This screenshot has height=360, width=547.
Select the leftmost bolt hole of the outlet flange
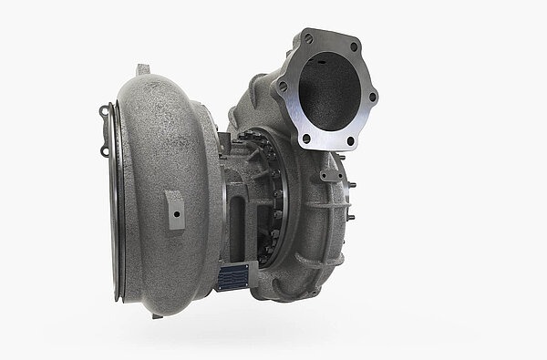click(x=283, y=87)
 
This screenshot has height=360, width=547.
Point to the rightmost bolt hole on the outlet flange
click(x=373, y=96)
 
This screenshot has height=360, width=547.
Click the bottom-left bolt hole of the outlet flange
click(x=305, y=139)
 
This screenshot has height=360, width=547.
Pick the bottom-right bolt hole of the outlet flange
click(x=351, y=142)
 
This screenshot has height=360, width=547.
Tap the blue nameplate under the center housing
click(x=232, y=277)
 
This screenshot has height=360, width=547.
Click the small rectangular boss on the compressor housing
click(x=174, y=209)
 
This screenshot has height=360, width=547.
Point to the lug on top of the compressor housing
click(x=142, y=70)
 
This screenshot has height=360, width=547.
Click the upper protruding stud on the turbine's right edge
click(x=352, y=185)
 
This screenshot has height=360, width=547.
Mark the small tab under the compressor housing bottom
click(x=158, y=314)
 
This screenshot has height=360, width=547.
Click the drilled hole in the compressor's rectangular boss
click(x=174, y=205)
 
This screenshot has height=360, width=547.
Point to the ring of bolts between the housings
click(x=270, y=196)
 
